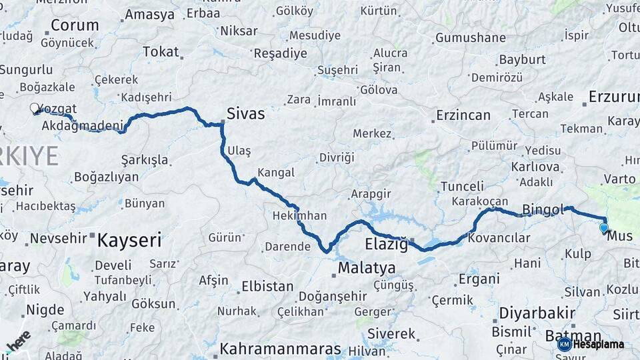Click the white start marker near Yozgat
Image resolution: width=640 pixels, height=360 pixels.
click(34, 108)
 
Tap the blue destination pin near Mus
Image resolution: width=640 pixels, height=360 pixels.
click(603, 228)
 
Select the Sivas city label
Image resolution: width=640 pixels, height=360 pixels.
click(245, 113)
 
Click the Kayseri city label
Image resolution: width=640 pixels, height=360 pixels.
click(130, 240)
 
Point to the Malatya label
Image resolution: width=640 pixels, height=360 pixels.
click(367, 268)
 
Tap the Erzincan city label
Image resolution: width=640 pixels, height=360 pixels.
click(463, 115)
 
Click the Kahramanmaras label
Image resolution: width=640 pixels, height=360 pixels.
click(280, 349)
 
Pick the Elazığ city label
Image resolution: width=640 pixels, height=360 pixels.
click(386, 244)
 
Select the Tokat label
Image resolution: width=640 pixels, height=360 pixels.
click(161, 51)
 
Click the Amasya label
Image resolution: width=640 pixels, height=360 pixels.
click(149, 14)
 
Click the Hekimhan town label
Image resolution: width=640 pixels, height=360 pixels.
click(299, 215)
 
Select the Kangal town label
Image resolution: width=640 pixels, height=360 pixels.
click(275, 173)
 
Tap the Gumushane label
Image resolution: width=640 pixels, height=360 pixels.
click(470, 37)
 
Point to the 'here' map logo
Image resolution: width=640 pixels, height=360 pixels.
click(18, 341)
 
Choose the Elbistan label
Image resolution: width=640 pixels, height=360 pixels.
click(267, 286)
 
